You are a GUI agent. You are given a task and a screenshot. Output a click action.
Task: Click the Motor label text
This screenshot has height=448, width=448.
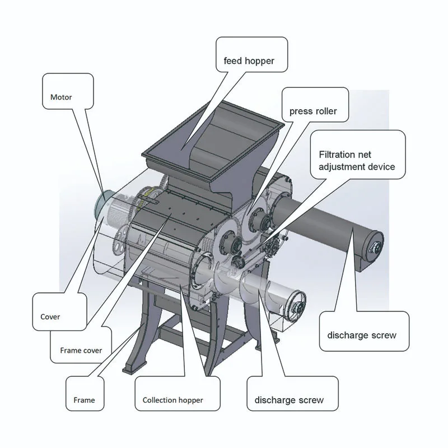pyautogui.click(x=61, y=97)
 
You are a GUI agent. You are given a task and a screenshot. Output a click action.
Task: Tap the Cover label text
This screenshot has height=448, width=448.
pyautogui.click(x=50, y=316)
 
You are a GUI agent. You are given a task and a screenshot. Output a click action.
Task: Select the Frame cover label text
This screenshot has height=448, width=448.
pyautogui.click(x=81, y=351)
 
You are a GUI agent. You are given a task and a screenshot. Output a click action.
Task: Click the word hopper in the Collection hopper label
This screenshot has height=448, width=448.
pyautogui.click(x=190, y=400)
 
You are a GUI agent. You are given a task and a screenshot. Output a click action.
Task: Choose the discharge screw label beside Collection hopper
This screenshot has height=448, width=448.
pyautogui.click(x=289, y=400)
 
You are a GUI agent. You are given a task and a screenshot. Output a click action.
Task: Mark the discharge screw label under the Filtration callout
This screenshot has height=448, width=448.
pyautogui.click(x=361, y=335)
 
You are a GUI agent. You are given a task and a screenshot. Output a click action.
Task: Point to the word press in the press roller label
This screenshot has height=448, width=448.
pyautogui.click(x=300, y=111)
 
